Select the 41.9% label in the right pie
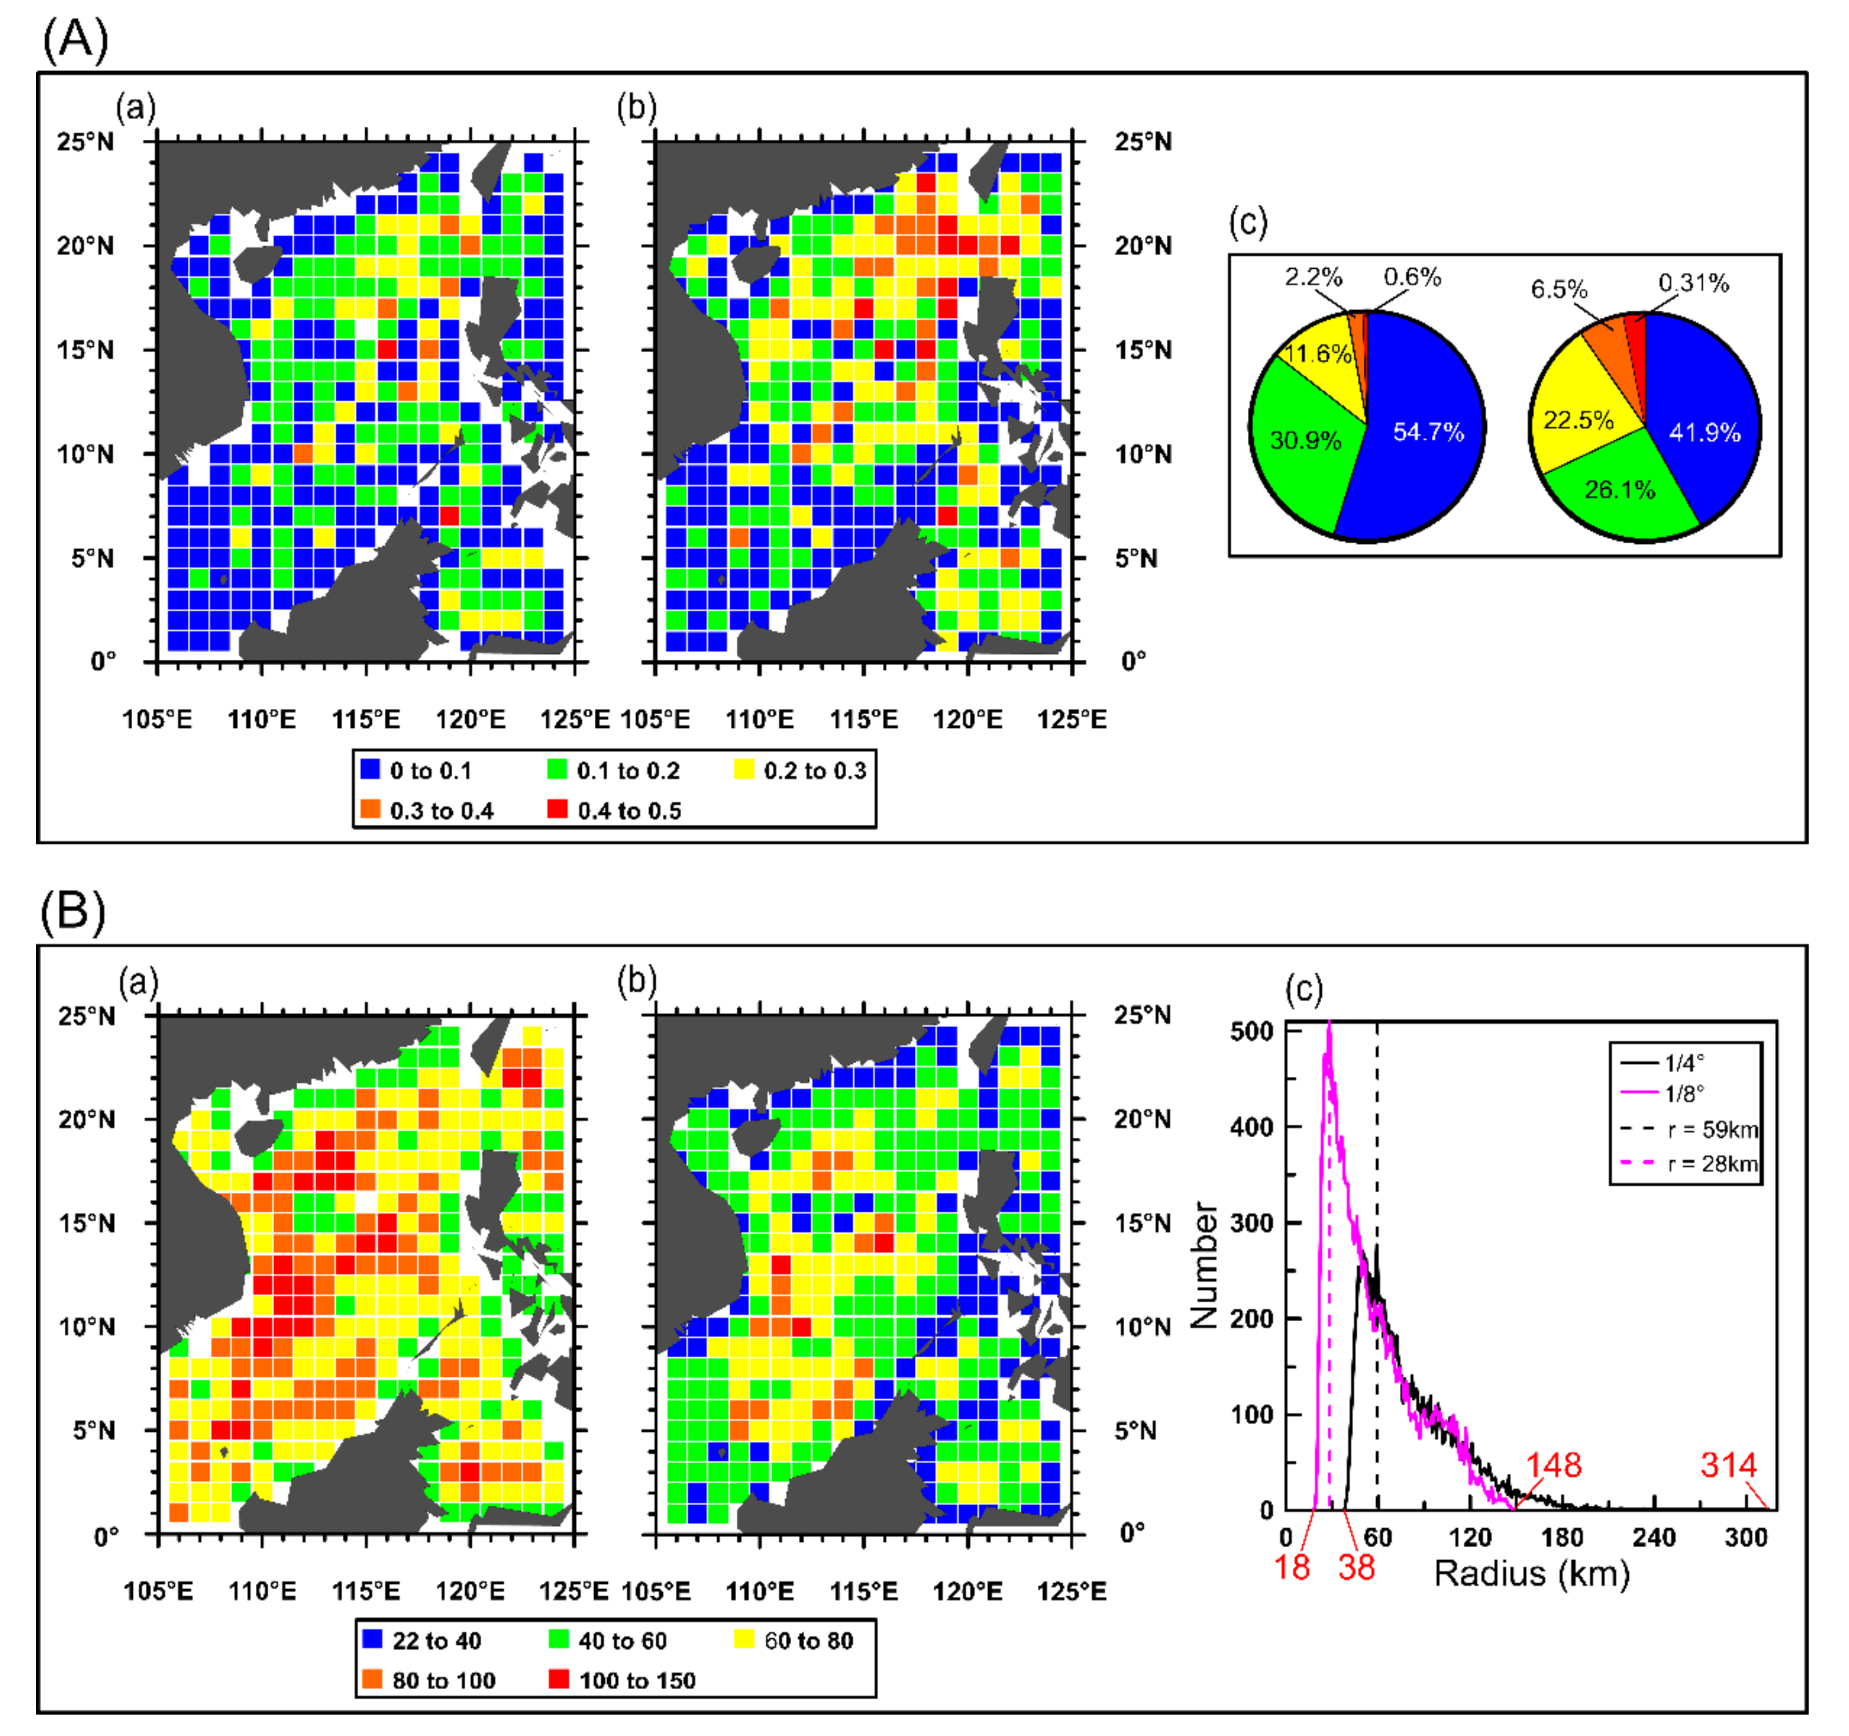tap(1704, 432)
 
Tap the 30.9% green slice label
tap(1305, 441)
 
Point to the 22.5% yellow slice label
tap(1579, 420)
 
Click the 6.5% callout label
tap(1559, 289)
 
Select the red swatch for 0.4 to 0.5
tap(557, 810)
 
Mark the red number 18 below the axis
tap(1292, 1568)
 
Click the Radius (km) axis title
tap(1532, 1573)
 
